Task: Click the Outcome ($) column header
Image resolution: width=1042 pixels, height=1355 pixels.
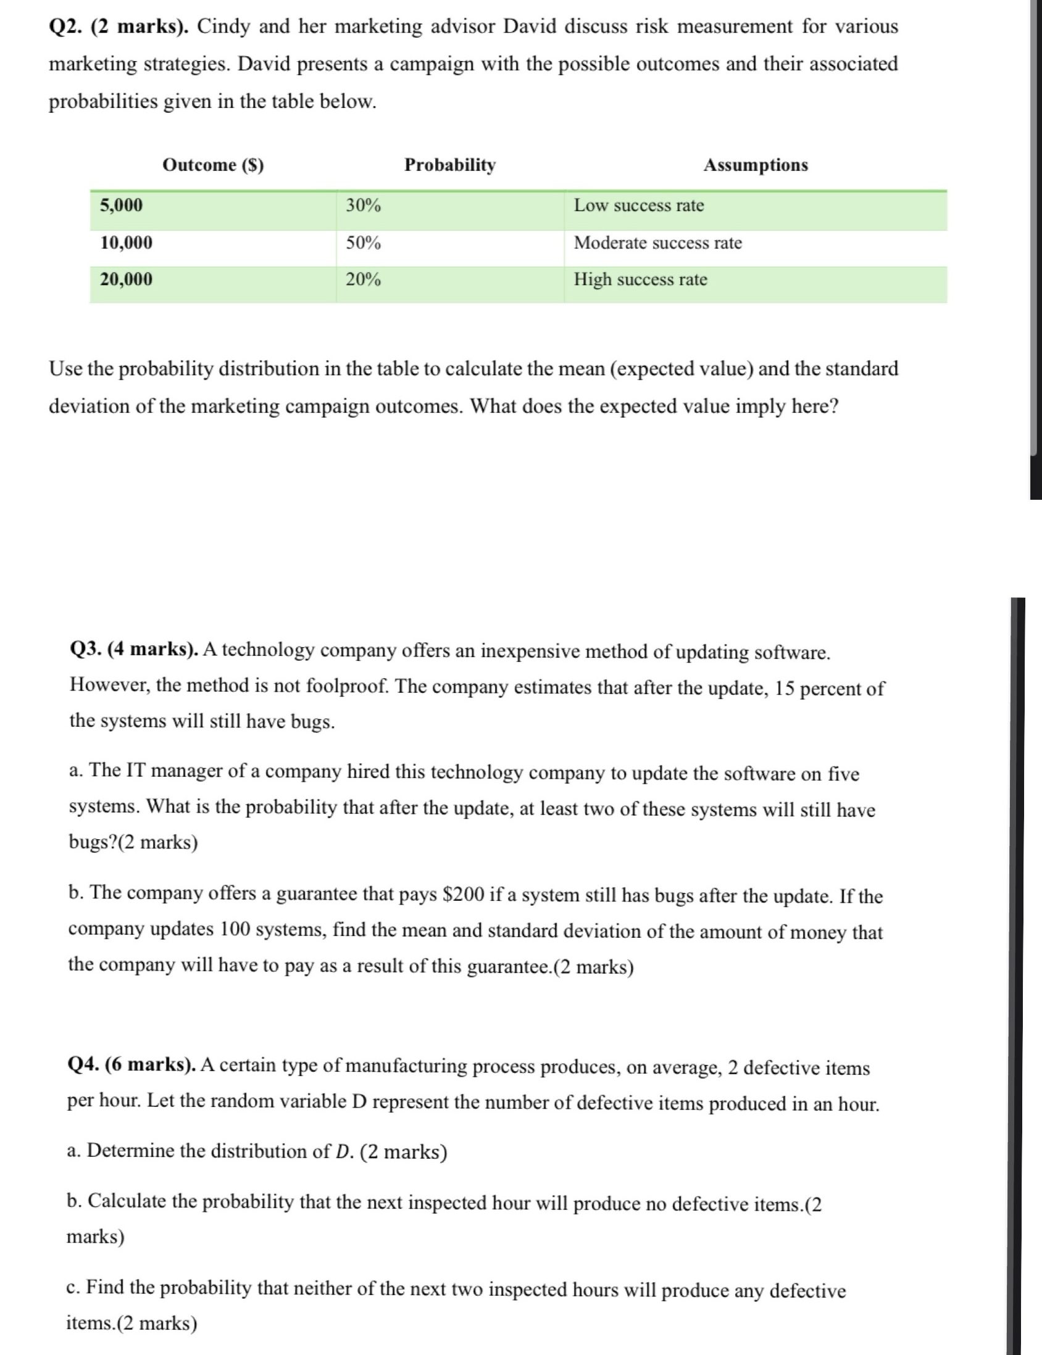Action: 213,165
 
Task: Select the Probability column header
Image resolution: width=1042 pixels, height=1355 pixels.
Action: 449,165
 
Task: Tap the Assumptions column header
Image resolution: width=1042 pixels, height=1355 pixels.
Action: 755,165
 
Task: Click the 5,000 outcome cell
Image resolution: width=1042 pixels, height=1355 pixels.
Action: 122,205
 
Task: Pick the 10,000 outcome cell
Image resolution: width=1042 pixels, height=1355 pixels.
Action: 127,242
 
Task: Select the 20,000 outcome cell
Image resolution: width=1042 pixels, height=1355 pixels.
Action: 127,279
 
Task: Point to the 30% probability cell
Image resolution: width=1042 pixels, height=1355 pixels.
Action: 364,205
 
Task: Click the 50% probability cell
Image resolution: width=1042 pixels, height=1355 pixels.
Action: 364,242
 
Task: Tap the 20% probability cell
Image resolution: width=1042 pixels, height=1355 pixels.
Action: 364,279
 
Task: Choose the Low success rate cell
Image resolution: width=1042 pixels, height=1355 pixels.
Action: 639,205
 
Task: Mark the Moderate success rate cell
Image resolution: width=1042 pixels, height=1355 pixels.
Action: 657,242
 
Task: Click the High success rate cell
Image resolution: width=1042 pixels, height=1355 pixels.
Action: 640,279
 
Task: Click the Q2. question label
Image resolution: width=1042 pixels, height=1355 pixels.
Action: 67,27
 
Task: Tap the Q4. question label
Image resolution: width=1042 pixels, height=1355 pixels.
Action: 83,1064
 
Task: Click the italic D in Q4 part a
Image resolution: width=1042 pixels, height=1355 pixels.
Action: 343,1151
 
